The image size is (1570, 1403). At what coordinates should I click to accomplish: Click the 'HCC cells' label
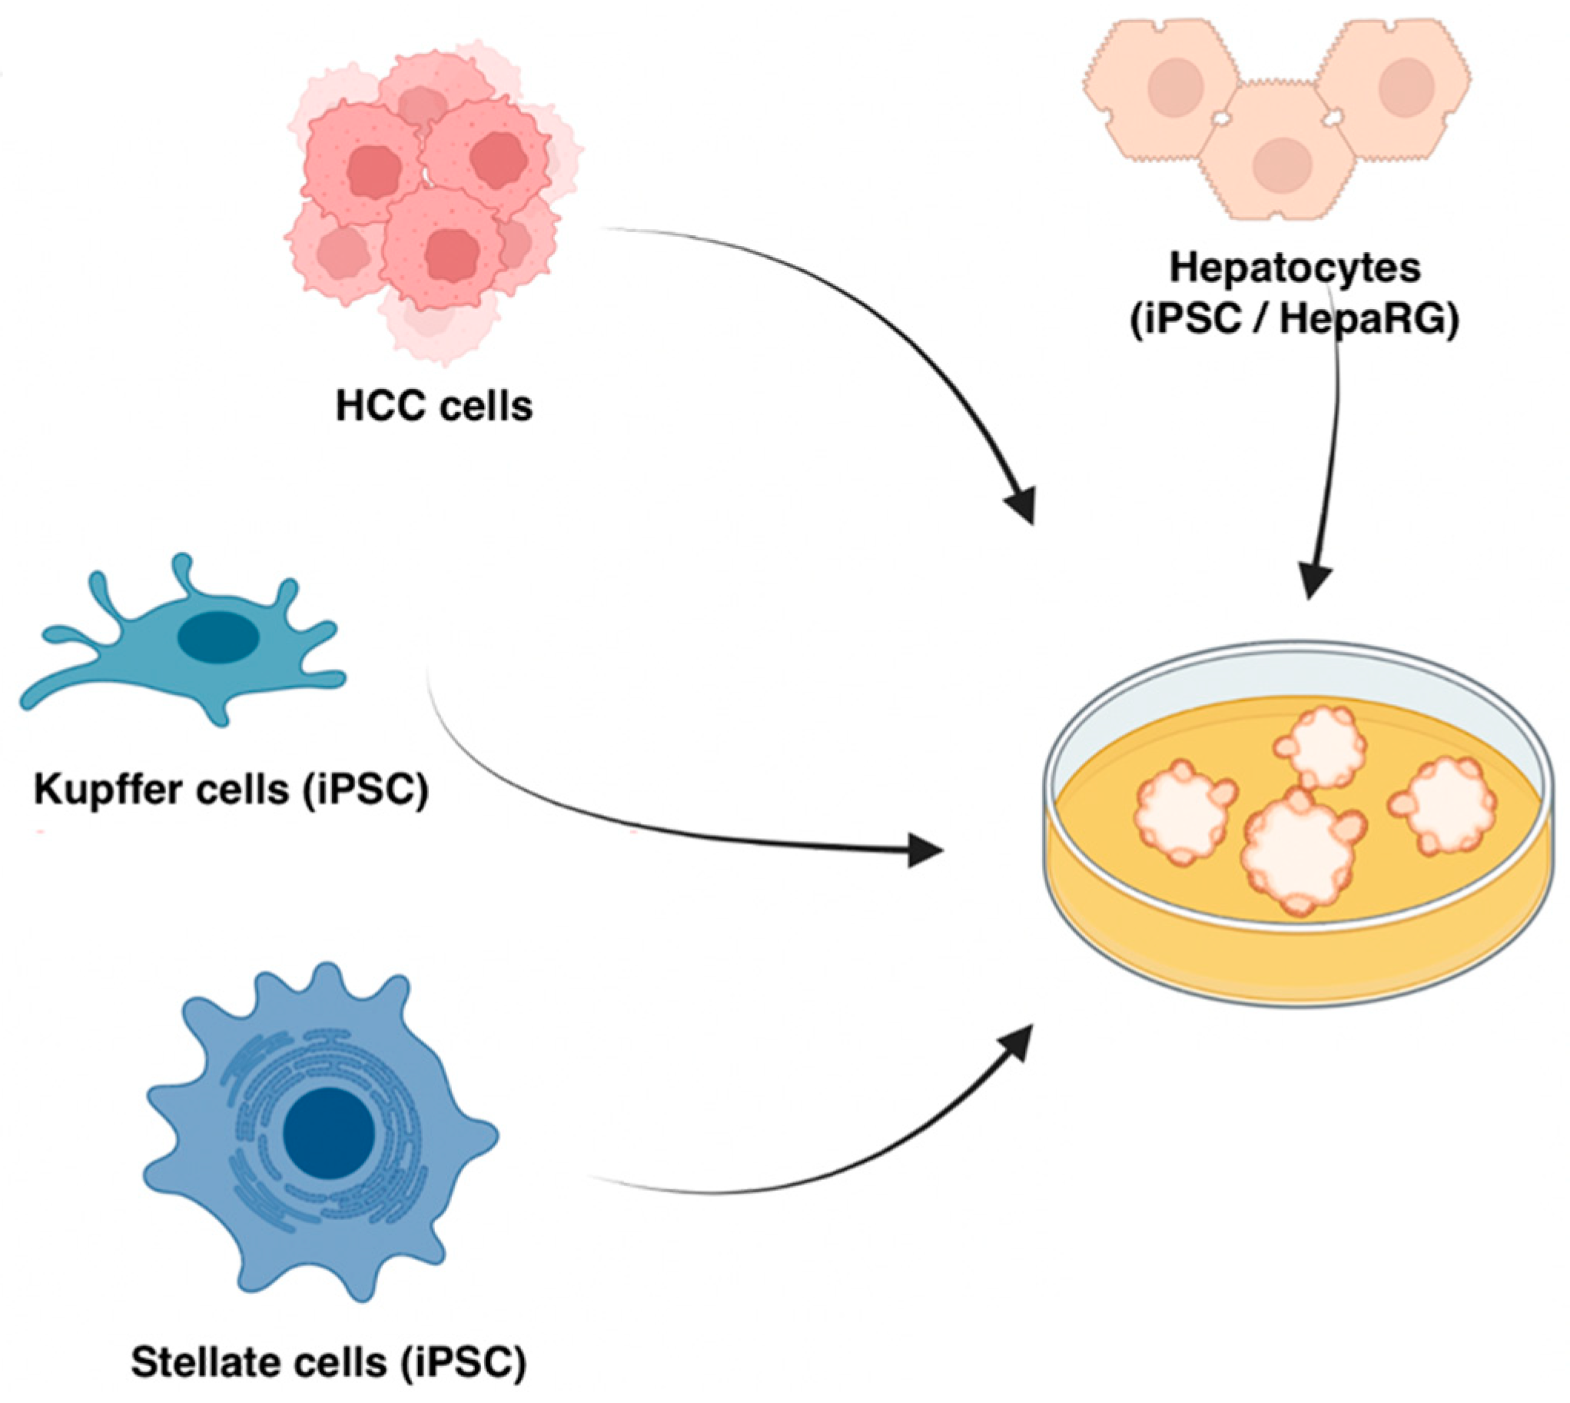434,406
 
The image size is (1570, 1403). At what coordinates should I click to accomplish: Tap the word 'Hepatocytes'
1295,269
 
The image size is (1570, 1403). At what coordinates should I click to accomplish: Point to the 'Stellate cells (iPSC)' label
328,1361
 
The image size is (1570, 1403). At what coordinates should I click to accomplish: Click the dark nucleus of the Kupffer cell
218,636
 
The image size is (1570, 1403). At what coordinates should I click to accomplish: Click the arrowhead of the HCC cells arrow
1021,507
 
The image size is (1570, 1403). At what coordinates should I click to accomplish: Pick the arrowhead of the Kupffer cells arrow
925,850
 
